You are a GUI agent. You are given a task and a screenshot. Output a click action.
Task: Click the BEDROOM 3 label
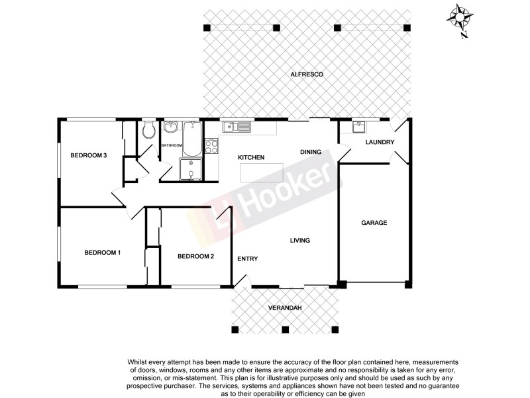(x=89, y=155)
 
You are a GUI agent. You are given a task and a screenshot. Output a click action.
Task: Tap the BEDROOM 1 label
(x=102, y=252)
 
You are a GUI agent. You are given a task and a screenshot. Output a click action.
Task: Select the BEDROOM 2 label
(x=195, y=256)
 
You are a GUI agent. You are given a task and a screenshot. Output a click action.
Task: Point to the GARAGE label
(x=374, y=223)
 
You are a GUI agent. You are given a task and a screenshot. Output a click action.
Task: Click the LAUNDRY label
(x=380, y=142)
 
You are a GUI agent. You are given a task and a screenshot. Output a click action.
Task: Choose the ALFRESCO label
(x=307, y=75)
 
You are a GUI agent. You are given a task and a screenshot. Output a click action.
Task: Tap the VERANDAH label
(x=285, y=308)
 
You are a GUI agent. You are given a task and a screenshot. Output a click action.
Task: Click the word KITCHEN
(x=251, y=157)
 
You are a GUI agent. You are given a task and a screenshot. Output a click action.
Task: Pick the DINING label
(x=310, y=152)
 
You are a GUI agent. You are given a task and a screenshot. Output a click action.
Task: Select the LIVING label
(x=300, y=240)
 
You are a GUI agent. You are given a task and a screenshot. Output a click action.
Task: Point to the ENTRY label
(x=247, y=259)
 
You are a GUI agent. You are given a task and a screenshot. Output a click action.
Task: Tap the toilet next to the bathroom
(x=148, y=130)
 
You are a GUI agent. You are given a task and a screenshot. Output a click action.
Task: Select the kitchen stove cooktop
(x=212, y=145)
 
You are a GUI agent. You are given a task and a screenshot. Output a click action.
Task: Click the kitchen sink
(x=236, y=127)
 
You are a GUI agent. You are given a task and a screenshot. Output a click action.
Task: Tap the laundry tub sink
(x=358, y=127)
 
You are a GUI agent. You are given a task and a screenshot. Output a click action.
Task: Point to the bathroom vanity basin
(x=172, y=128)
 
